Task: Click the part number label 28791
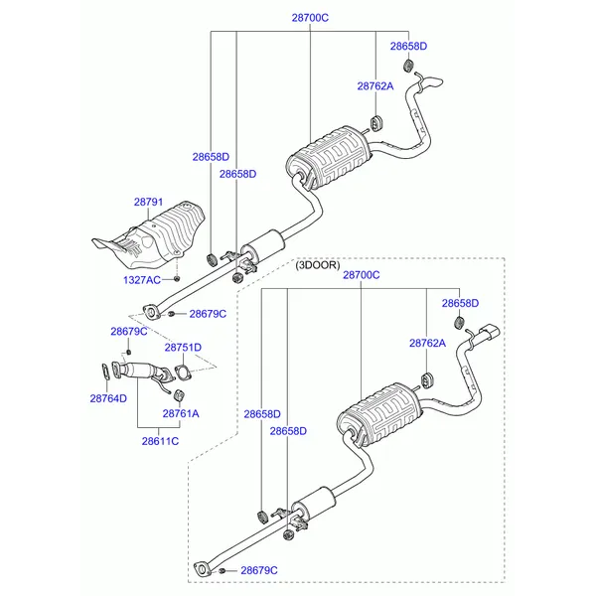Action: coord(148,202)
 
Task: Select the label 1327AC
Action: coord(142,281)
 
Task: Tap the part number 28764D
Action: coord(108,398)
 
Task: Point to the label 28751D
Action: coord(184,348)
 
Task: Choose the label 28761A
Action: coord(181,413)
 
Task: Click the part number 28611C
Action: coord(160,440)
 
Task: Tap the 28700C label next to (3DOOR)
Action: coord(362,273)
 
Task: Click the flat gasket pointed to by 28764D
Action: coord(105,373)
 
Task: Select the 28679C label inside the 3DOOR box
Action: coord(259,570)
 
